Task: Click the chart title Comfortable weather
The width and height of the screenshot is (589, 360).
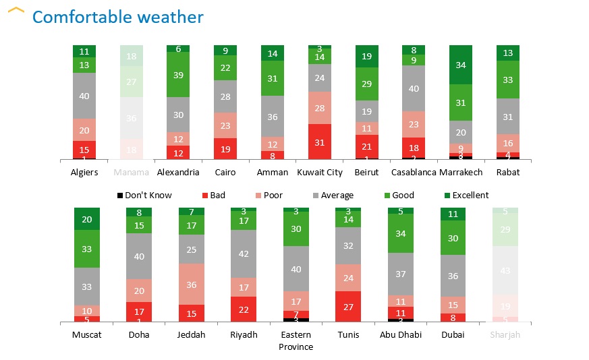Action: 117,17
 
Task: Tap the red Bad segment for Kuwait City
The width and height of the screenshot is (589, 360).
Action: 320,142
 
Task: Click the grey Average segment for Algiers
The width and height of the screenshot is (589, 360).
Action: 84,96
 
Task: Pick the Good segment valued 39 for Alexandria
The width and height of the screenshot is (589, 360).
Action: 178,75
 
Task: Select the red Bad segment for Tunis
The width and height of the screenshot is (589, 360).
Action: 348,306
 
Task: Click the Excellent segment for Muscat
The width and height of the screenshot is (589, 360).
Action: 86,219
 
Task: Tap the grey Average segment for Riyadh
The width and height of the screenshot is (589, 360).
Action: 244,253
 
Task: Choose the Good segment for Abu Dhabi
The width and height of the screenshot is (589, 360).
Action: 401,234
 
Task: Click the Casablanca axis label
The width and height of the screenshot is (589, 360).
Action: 413,173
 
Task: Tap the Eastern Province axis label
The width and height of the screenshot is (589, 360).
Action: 296,340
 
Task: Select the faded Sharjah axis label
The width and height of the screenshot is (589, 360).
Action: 505,335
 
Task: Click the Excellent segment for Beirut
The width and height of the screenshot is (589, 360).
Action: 366,57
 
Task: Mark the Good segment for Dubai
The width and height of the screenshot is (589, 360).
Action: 453,237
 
